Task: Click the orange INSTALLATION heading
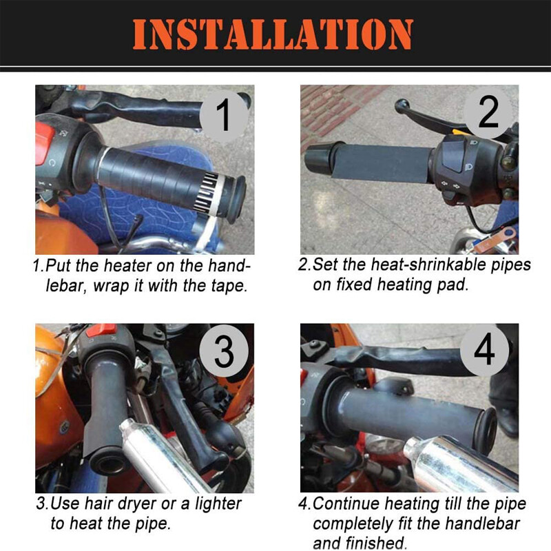(x=273, y=34)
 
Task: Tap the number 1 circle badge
(x=224, y=116)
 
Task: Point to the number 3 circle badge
(x=224, y=351)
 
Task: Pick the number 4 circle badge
(x=484, y=350)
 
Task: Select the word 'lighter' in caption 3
(x=218, y=503)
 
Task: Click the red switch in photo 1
(x=45, y=143)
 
